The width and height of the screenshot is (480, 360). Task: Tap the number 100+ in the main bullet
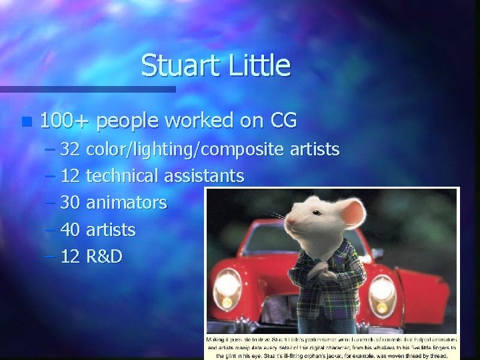pyautogui.click(x=67, y=121)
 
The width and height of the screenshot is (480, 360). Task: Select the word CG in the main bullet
pyautogui.click(x=283, y=121)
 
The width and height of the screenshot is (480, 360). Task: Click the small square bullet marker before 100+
pyautogui.click(x=26, y=122)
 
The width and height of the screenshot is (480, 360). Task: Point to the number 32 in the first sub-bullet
pyautogui.click(x=70, y=149)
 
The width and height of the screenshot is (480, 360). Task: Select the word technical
pyautogui.click(x=123, y=176)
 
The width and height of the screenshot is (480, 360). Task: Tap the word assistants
pyautogui.click(x=204, y=176)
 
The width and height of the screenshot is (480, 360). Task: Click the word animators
pyautogui.click(x=127, y=203)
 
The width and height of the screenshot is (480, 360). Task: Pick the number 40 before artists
pyautogui.click(x=70, y=230)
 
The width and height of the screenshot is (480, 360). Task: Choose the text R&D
pyautogui.click(x=105, y=257)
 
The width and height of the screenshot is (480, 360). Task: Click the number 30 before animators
pyautogui.click(x=70, y=203)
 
